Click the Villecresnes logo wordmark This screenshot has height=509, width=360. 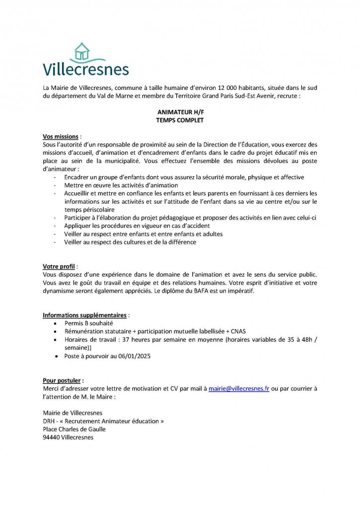85,69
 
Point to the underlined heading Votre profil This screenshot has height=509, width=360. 60,266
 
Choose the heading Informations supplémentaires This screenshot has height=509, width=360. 84,315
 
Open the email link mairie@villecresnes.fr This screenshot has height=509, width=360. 239,389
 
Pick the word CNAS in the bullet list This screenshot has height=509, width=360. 237,331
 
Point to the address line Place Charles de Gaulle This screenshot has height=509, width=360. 74,429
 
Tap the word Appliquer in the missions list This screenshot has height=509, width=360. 77,226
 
